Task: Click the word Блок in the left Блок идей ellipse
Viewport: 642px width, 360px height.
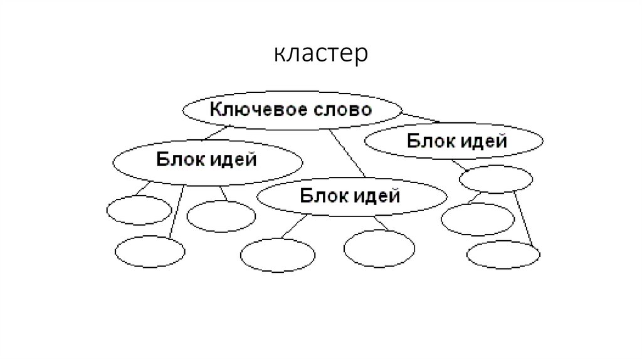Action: pyautogui.click(x=177, y=159)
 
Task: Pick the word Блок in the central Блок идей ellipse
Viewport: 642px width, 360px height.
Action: pyautogui.click(x=322, y=196)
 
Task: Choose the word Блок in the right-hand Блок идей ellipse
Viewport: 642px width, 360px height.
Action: pyautogui.click(x=428, y=140)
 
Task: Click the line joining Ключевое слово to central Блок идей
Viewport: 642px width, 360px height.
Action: pyautogui.click(x=347, y=154)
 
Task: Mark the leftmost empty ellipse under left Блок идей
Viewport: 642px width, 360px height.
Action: pyautogui.click(x=138, y=210)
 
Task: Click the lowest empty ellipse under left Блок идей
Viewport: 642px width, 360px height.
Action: pyautogui.click(x=150, y=252)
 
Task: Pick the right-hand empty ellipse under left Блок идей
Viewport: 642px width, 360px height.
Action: pyautogui.click(x=221, y=216)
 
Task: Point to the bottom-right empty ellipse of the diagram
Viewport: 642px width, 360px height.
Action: pyautogui.click(x=503, y=255)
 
